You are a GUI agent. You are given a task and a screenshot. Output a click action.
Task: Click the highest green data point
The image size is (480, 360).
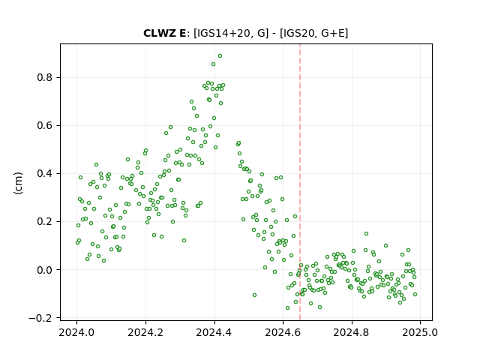tap(220, 56)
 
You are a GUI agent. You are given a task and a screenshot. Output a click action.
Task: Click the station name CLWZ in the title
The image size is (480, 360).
tap(160, 33)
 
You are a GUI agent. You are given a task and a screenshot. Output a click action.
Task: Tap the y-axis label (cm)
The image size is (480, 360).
tap(18, 183)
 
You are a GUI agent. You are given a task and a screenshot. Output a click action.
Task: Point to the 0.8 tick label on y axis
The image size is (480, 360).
tap(45, 78)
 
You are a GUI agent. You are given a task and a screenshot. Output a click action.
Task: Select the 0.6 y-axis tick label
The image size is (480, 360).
tap(45, 126)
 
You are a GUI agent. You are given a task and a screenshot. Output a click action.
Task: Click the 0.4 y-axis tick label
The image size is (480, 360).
tap(45, 173)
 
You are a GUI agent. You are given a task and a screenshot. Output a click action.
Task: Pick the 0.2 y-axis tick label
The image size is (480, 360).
tap(45, 222)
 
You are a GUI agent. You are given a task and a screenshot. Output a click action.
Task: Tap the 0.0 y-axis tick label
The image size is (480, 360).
tap(45, 270)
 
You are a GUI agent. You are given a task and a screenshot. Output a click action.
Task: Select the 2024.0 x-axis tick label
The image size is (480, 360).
tap(76, 332)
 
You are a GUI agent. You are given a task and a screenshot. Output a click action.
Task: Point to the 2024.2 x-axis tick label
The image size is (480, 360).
tap(145, 332)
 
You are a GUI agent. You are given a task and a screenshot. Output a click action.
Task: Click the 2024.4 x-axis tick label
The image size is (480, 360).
tap(214, 332)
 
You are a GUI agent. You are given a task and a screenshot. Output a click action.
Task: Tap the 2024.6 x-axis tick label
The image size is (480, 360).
tap(283, 332)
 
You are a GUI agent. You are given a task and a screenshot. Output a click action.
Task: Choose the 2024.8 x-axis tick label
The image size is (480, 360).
tap(352, 332)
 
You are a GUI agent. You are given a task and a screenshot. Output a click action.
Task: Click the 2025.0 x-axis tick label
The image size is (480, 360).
tap(420, 332)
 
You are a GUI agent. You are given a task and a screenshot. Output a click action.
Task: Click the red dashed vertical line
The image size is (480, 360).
tap(300, 182)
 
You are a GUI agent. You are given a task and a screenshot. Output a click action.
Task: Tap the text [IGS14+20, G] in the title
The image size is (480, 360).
tap(231, 33)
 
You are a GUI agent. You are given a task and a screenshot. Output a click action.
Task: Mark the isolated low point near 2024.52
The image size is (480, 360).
tap(254, 295)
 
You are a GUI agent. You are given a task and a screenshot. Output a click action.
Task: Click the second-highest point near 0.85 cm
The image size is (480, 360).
tap(213, 64)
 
